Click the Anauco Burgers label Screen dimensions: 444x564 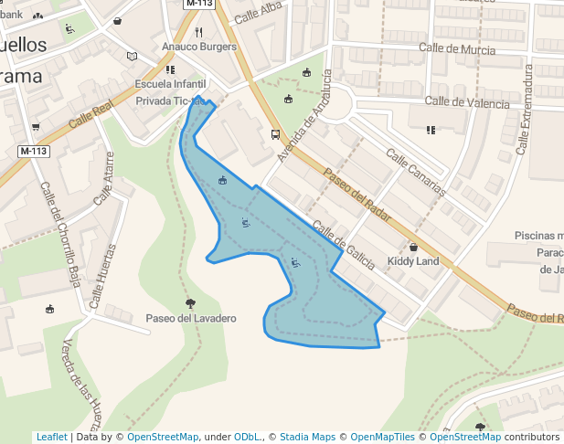pos(198,47)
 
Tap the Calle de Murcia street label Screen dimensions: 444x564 pos(457,48)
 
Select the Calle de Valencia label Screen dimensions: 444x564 pos(467,102)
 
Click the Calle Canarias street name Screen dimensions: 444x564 pos(416,173)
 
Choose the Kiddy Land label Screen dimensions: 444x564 pos(413,261)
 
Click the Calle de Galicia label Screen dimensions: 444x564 pos(343,245)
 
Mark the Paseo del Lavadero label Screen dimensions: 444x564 pos(191,318)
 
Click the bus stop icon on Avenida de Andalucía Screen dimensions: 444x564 pos(275,135)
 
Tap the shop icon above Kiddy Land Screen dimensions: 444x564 pos(413,247)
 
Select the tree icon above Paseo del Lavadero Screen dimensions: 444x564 pos(190,302)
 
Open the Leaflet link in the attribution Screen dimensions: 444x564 pos(51,437)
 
